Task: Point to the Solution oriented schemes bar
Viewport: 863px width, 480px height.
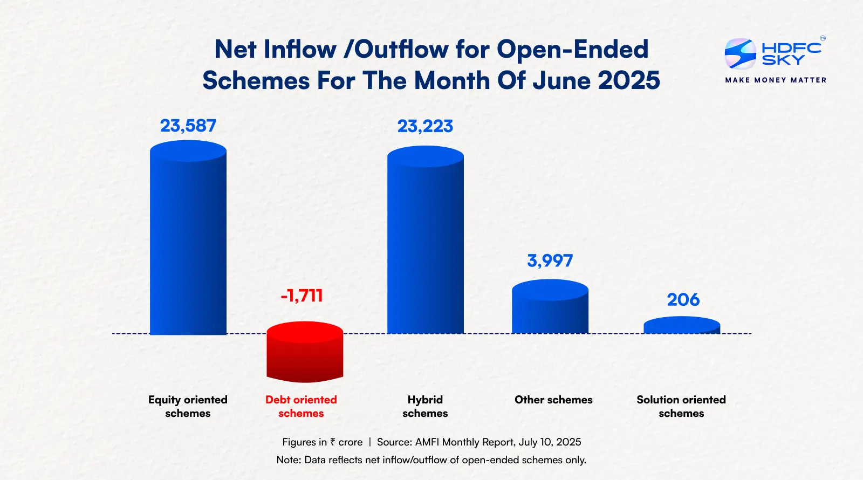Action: [682, 326]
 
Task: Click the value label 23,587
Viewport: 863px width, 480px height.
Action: [188, 126]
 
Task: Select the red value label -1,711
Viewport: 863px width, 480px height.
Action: [302, 296]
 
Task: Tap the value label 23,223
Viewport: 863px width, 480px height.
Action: [425, 126]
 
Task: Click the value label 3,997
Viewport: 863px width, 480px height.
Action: [550, 261]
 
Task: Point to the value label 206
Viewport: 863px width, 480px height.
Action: [683, 300]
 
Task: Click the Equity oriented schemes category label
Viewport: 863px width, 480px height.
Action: [188, 406]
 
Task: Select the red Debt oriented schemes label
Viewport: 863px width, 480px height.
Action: [301, 406]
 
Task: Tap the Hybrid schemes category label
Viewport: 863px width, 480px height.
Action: [425, 406]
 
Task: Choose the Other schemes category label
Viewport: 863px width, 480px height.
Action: [553, 400]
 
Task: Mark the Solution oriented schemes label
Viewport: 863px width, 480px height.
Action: [681, 406]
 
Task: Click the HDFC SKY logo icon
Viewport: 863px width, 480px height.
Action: [740, 53]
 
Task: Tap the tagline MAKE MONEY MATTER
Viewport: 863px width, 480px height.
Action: [776, 80]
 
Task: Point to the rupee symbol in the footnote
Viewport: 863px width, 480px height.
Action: [332, 442]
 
